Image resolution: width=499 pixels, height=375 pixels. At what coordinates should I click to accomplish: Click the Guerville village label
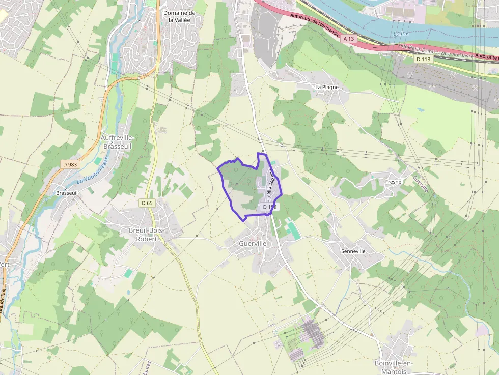point(253,244)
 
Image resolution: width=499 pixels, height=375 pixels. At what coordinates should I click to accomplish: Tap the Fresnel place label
point(394,182)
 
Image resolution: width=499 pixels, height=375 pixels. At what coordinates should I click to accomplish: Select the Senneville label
point(353,251)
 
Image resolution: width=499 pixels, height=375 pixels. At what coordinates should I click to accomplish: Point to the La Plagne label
point(326,87)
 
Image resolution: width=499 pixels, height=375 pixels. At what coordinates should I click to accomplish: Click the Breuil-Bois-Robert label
point(143,234)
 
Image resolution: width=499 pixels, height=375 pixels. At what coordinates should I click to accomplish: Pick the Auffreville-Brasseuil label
point(118,142)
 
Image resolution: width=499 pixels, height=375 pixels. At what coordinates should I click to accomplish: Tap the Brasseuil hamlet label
point(67,193)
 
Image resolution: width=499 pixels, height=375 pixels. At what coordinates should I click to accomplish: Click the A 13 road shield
point(348,39)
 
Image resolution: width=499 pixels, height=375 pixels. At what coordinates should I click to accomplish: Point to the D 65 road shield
point(147,203)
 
